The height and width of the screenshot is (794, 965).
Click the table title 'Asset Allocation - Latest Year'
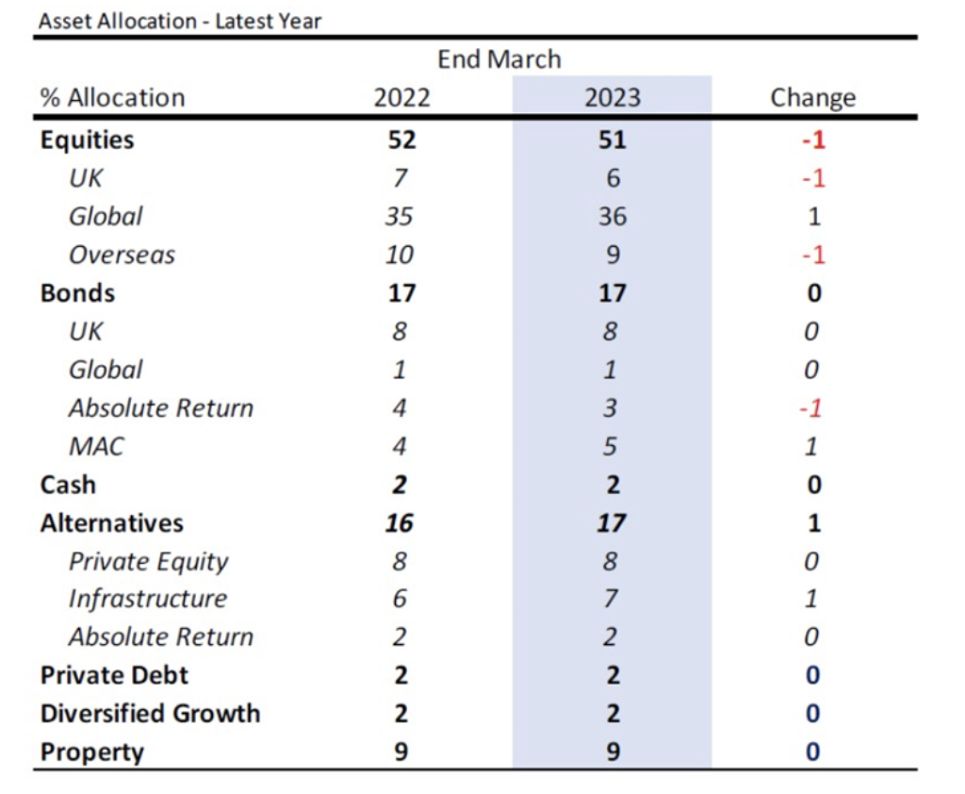click(x=180, y=22)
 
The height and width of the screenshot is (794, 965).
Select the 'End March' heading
click(x=499, y=59)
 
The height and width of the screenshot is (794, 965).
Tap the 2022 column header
click(x=401, y=98)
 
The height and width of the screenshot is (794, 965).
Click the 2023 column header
click(x=613, y=98)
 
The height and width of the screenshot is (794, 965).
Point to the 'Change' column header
click(x=813, y=99)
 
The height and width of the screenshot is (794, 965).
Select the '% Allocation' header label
click(x=113, y=98)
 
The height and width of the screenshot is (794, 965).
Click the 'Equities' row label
click(x=87, y=141)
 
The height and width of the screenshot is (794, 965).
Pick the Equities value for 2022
click(x=401, y=140)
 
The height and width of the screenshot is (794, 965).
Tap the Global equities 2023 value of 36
click(x=613, y=217)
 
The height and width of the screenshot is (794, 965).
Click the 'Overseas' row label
click(x=122, y=255)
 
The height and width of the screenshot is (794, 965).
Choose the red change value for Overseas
click(x=813, y=255)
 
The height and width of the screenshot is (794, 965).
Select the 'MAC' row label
click(x=97, y=447)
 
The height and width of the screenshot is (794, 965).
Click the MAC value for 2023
click(x=610, y=447)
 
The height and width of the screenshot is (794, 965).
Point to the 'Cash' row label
click(x=68, y=485)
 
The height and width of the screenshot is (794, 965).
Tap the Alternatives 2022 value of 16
click(x=400, y=523)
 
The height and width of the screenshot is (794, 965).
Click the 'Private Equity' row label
click(x=148, y=562)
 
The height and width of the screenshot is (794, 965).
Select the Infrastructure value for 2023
click(x=610, y=599)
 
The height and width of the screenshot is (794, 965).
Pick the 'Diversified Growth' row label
click(x=150, y=713)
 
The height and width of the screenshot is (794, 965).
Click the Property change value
click(x=813, y=752)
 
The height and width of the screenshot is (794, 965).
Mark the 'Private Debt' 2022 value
click(x=401, y=675)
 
